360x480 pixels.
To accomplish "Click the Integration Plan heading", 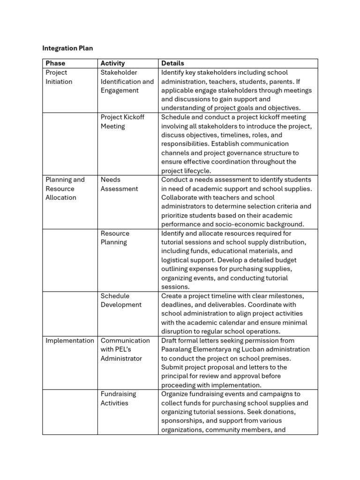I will [x=67, y=48].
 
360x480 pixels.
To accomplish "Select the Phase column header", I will [x=55, y=63].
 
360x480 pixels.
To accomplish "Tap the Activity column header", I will [x=112, y=63].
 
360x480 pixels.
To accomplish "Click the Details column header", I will [x=172, y=63].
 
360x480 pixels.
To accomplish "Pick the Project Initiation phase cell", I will [x=59, y=77].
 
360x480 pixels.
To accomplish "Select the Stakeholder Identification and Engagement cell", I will [x=127, y=82].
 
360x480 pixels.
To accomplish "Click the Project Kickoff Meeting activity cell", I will [x=122, y=121].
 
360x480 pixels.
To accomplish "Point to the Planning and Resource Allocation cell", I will [x=65, y=188].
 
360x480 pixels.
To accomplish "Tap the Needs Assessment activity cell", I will [x=119, y=184].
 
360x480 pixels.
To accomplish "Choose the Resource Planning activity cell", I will [x=115, y=238].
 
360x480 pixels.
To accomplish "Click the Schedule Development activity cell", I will [x=120, y=300].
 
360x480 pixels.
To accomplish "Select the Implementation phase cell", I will [x=69, y=341].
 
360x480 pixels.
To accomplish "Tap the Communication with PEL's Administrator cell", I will [x=125, y=349].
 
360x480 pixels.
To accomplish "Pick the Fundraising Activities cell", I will [x=118, y=398].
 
